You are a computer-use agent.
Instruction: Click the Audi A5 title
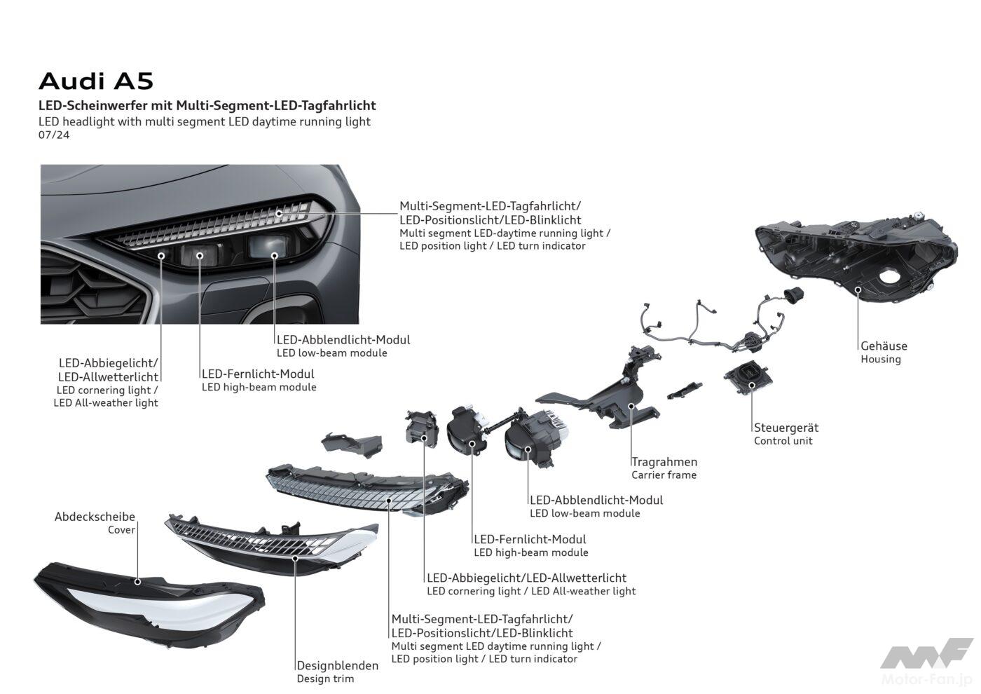click(96, 81)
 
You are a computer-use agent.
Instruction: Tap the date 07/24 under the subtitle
click(54, 135)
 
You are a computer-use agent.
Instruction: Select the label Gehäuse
click(884, 346)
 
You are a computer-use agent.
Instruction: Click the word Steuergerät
click(786, 428)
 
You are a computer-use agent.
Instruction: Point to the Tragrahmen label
click(664, 462)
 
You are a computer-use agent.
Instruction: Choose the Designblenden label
click(337, 665)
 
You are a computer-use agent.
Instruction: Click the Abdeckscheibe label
click(95, 517)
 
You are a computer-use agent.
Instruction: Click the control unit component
click(748, 378)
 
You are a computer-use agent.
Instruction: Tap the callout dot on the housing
click(858, 290)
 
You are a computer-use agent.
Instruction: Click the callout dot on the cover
click(137, 582)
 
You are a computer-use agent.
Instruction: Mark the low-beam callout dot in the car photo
click(275, 255)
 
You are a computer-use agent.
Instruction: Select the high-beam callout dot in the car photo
click(200, 255)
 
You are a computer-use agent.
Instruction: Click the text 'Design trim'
click(325, 679)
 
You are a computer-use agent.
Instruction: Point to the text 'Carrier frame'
click(664, 475)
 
